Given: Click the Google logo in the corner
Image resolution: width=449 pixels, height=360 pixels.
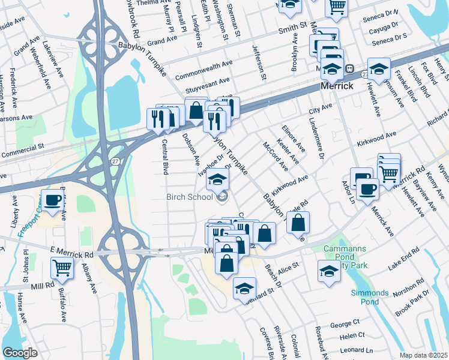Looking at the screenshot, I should pyautogui.click(x=20, y=353).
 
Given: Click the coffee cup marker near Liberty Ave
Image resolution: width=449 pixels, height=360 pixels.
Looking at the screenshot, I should pyautogui.click(x=52, y=201).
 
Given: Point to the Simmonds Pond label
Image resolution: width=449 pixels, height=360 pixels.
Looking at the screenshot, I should pyautogui.click(x=370, y=297).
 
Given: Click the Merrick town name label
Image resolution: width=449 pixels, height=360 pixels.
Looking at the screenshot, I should pyautogui.click(x=336, y=86).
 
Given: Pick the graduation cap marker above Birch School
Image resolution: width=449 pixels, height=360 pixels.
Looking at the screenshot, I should pyautogui.click(x=218, y=179).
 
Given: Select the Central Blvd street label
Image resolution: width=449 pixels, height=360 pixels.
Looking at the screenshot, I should pyautogui.click(x=164, y=157).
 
